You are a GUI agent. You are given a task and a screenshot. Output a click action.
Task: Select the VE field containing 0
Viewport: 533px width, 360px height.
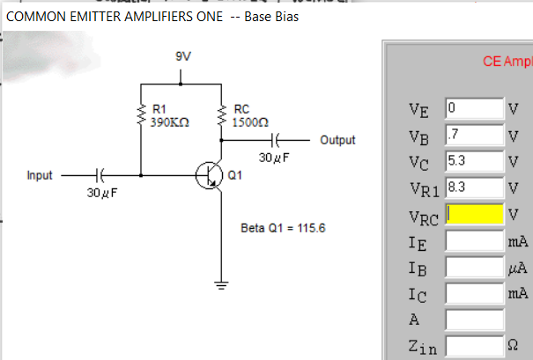(x=474, y=109)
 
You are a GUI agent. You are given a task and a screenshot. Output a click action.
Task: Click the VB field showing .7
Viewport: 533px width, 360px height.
(x=474, y=135)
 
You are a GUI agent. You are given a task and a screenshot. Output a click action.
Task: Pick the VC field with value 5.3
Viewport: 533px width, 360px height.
(x=474, y=160)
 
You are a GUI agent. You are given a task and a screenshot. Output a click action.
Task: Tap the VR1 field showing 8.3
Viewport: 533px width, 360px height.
(x=474, y=187)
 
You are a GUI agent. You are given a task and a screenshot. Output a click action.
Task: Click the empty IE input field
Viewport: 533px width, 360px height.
(x=474, y=239)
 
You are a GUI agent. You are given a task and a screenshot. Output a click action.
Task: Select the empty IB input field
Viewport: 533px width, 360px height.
(x=474, y=266)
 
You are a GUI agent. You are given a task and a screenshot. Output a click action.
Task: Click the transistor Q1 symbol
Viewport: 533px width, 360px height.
(x=209, y=175)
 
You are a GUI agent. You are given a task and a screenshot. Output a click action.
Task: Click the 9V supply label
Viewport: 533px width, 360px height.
(x=182, y=55)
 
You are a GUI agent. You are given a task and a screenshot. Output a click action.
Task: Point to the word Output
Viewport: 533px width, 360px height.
(x=337, y=140)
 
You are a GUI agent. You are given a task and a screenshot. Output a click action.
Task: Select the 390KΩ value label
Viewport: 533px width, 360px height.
(x=166, y=122)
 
